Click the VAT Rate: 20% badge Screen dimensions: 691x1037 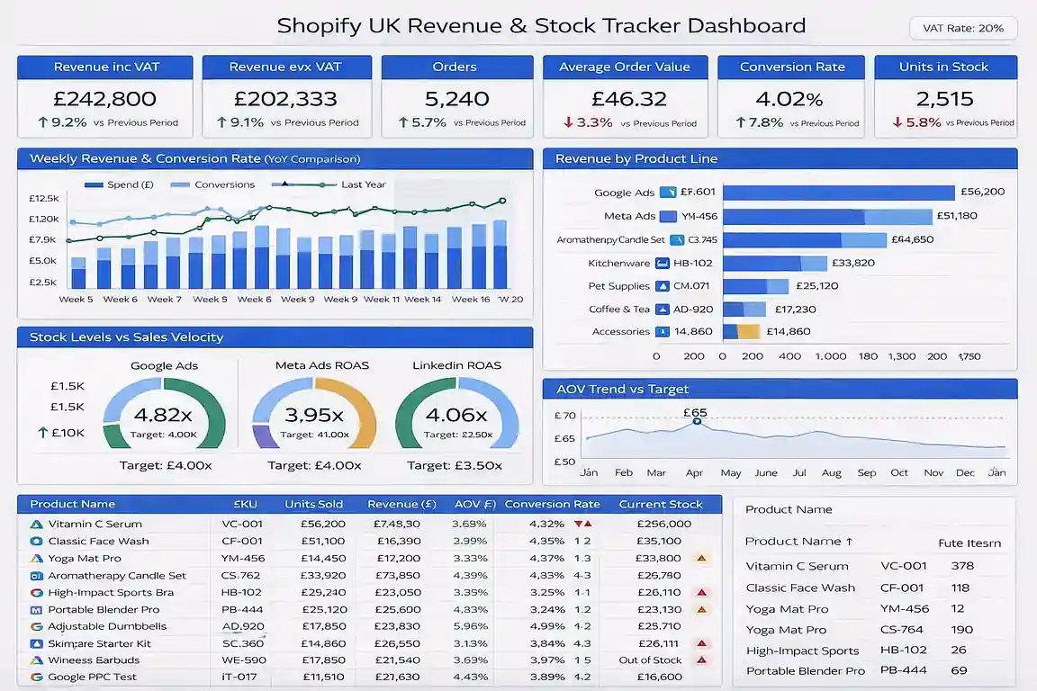tap(963, 28)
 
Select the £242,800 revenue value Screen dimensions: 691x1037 tap(104, 99)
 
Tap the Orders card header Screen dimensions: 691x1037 tap(455, 67)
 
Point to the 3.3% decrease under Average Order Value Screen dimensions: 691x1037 tap(588, 122)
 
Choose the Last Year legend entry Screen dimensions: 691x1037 tap(363, 184)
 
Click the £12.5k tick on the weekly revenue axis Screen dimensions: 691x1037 tap(43, 198)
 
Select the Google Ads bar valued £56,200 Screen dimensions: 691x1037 tap(838, 193)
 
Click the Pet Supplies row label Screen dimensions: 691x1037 tap(618, 286)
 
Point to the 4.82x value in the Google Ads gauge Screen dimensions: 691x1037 tap(163, 415)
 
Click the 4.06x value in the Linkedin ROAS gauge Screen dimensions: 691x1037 tap(456, 415)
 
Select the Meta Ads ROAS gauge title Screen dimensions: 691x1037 tap(322, 365)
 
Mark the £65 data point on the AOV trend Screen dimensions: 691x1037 tap(696, 421)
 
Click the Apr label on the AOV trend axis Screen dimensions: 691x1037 tap(694, 472)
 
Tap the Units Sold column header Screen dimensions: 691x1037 tap(312, 504)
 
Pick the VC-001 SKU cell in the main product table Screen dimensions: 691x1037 tap(242, 524)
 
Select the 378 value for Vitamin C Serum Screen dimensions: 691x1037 tap(962, 566)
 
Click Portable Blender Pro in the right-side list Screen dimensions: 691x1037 tap(805, 671)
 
